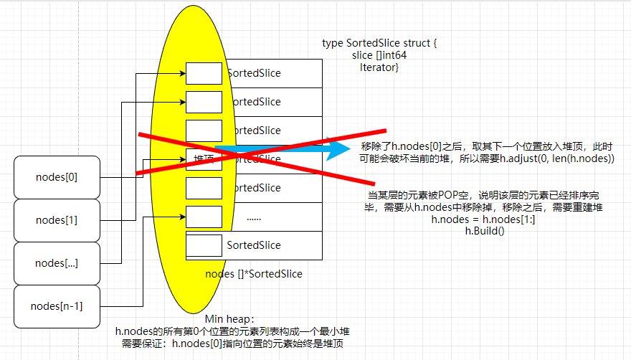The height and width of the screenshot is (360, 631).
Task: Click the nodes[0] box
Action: (x=57, y=177)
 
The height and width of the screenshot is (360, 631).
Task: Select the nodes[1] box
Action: (x=57, y=220)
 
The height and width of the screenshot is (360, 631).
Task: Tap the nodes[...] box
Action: (x=57, y=263)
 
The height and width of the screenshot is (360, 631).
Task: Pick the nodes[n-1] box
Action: (x=57, y=306)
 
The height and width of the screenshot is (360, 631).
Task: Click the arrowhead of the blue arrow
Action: (x=337, y=150)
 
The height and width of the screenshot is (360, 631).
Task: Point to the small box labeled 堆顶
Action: (x=204, y=159)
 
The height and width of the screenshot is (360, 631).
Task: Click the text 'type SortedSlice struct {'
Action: (x=379, y=44)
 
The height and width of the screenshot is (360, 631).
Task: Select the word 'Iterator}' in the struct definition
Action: (x=379, y=67)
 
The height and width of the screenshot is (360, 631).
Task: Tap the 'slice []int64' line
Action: (x=379, y=55)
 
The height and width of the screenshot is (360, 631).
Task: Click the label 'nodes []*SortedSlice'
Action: (x=254, y=273)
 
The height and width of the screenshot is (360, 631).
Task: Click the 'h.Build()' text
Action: (x=485, y=231)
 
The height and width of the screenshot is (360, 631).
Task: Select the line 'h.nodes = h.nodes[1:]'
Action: (x=483, y=219)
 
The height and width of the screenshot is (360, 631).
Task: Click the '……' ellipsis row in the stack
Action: (x=253, y=217)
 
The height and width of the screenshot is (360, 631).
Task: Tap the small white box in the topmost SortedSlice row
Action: (x=204, y=73)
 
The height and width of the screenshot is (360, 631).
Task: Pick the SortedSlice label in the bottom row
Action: (x=254, y=245)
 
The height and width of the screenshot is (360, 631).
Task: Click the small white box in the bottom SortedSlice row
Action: (x=204, y=245)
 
